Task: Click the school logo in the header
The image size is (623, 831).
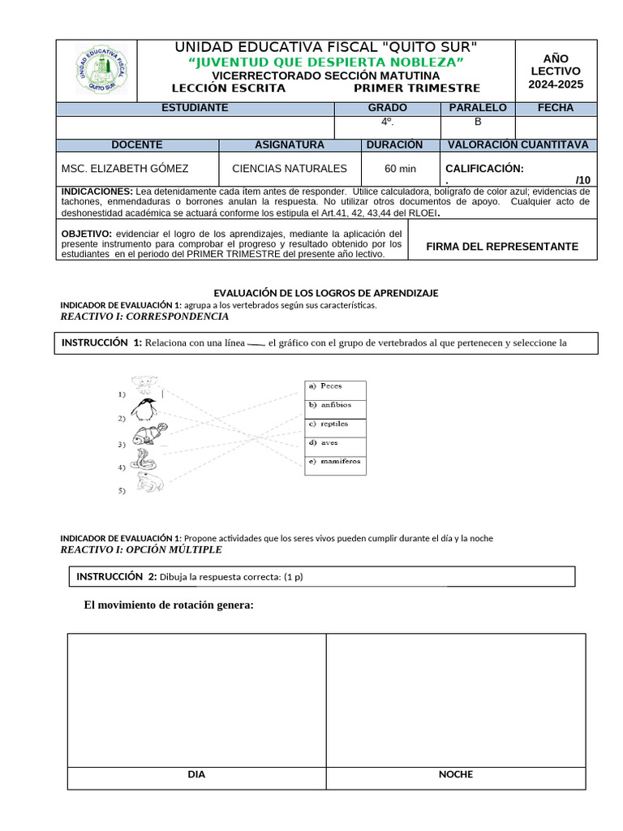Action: click(102, 70)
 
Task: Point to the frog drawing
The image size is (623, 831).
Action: click(149, 484)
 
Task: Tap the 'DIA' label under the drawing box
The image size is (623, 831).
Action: click(196, 774)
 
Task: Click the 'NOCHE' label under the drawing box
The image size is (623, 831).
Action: click(455, 774)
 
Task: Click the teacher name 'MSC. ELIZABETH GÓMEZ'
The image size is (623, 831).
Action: click(125, 169)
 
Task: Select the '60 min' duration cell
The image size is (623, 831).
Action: click(400, 169)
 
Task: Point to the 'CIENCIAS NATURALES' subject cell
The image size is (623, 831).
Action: click(289, 169)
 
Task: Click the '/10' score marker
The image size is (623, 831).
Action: click(582, 179)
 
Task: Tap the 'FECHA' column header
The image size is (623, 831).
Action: click(555, 108)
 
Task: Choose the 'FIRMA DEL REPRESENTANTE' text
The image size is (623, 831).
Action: click(501, 246)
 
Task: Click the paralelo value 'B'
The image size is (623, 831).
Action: click(478, 122)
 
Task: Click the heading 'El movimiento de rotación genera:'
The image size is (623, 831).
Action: click(169, 605)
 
